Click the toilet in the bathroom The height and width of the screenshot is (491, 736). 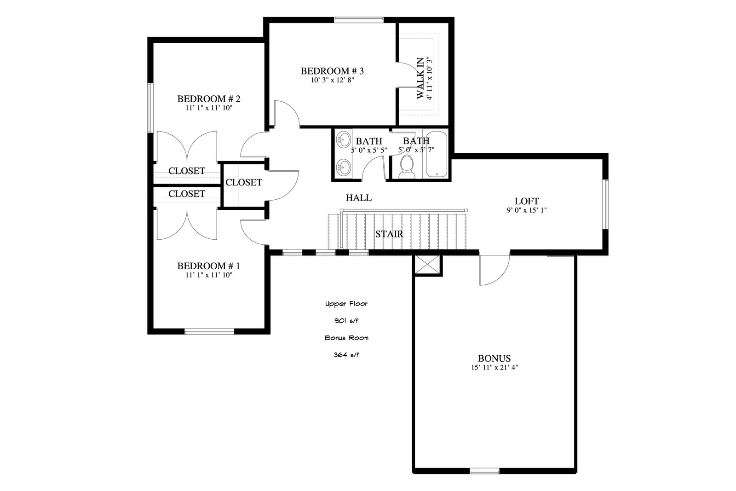click(407, 167)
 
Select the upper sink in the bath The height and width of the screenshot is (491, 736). click(343, 140)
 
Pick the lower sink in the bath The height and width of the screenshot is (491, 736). click(343, 168)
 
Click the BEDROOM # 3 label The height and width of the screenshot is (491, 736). click(332, 71)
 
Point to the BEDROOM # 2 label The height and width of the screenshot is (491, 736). click(209, 98)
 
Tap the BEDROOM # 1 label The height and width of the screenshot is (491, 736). click(209, 266)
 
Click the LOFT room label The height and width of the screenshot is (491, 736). click(527, 201)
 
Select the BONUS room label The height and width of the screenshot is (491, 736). click(494, 358)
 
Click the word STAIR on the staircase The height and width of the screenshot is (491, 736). click(389, 234)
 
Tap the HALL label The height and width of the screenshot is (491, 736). click(359, 198)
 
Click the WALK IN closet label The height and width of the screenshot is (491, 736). click(420, 78)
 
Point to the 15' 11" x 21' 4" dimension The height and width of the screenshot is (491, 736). click(494, 367)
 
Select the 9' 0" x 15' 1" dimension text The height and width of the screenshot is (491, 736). click(527, 210)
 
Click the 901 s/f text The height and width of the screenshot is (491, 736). click(346, 321)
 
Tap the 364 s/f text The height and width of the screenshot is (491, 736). click(346, 355)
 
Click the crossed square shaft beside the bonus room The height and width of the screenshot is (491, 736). click(427, 265)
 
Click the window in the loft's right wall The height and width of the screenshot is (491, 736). click(605, 204)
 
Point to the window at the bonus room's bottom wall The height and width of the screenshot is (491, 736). click(485, 472)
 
